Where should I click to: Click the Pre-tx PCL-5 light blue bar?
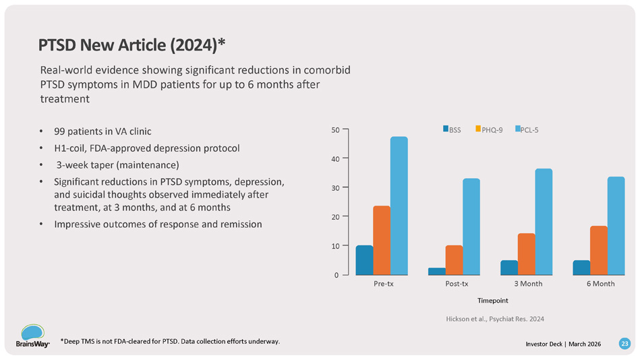(399, 206)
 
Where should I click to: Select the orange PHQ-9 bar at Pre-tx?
(382, 240)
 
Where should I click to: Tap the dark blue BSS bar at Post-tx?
(437, 271)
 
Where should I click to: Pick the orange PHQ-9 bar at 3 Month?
(526, 254)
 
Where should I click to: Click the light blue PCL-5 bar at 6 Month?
(616, 226)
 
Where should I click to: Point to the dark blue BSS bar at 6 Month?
(581, 268)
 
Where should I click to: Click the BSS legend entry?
(452, 129)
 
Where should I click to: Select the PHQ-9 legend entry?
(489, 129)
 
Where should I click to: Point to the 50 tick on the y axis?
(334, 129)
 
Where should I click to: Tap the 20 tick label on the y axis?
(334, 216)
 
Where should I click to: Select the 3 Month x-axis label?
(527, 284)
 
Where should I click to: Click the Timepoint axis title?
(492, 299)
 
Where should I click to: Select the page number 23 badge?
(624, 344)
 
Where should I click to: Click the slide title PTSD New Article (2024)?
(132, 45)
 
